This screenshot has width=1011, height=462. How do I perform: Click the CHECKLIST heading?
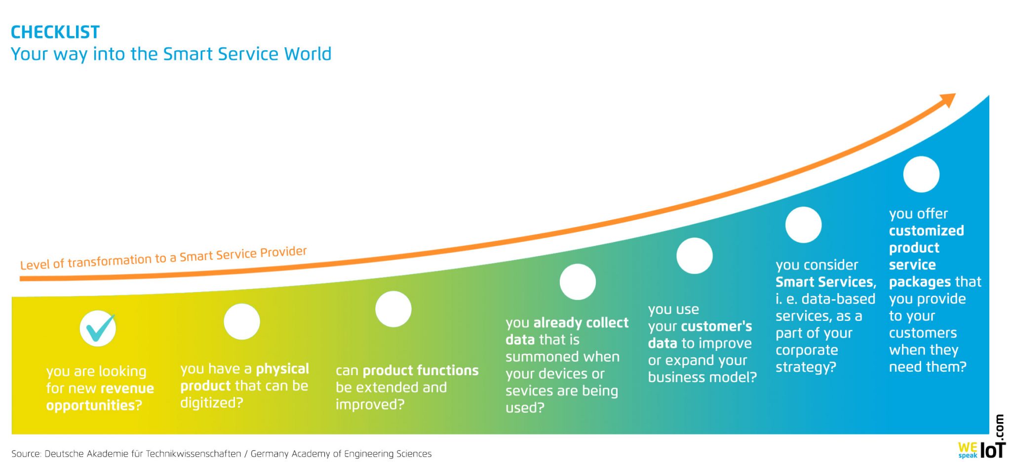(55, 32)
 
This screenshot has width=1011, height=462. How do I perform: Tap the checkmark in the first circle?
(99, 328)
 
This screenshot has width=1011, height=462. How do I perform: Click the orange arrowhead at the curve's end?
(947, 100)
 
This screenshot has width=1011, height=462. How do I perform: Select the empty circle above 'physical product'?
(242, 321)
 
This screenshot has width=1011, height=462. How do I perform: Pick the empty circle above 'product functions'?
(393, 309)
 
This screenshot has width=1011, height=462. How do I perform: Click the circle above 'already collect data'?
(578, 282)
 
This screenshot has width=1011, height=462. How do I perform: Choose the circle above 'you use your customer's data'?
(695, 256)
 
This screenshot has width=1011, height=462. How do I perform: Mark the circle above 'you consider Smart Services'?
(804, 225)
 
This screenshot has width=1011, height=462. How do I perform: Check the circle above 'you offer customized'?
(921, 174)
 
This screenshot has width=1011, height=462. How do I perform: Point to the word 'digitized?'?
(212, 403)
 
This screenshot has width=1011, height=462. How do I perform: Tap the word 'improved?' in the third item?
(370, 404)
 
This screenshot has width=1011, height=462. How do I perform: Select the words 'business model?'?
(702, 377)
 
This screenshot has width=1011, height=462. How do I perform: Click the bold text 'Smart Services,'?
(826, 282)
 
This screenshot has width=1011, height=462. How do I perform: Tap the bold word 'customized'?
(927, 231)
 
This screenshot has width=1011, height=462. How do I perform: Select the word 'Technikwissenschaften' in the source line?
(194, 454)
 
